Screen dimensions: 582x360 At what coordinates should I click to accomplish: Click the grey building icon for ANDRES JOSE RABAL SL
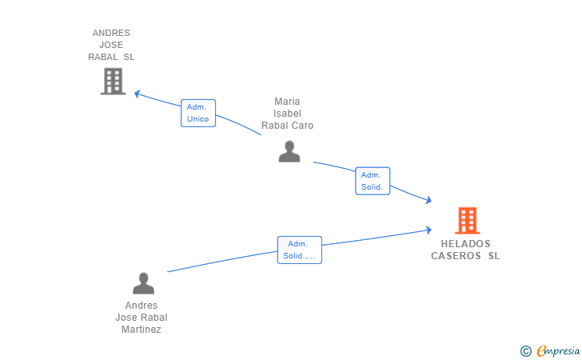114,81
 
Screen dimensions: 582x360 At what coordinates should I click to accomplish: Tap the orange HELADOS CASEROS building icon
468,220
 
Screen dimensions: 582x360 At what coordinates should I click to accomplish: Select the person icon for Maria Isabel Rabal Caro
289,151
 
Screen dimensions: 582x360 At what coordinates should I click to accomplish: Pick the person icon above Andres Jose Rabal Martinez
143,283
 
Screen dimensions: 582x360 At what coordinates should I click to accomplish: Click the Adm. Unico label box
198,113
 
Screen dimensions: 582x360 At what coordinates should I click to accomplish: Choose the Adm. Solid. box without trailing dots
373,181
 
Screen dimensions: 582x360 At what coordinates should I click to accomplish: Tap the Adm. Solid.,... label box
300,250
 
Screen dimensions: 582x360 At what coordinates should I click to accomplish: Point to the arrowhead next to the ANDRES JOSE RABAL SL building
137,94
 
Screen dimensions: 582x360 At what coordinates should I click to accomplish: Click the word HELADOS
465,244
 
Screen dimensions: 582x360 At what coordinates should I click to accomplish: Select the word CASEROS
456,256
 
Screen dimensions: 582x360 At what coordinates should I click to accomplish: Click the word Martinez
141,330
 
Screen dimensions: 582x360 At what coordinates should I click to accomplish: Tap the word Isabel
287,114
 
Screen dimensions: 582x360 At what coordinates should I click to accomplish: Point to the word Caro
302,126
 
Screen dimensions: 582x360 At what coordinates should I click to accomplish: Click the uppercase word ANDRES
111,33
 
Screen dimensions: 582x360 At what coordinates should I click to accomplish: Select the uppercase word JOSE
111,45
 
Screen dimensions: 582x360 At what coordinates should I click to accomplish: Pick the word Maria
287,102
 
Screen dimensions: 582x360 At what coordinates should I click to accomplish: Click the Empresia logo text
558,350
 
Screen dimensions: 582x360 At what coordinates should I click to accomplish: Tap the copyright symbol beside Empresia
525,351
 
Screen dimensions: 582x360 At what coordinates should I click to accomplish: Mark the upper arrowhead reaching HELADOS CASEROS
429,200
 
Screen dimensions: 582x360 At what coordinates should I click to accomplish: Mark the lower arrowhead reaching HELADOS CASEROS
429,230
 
